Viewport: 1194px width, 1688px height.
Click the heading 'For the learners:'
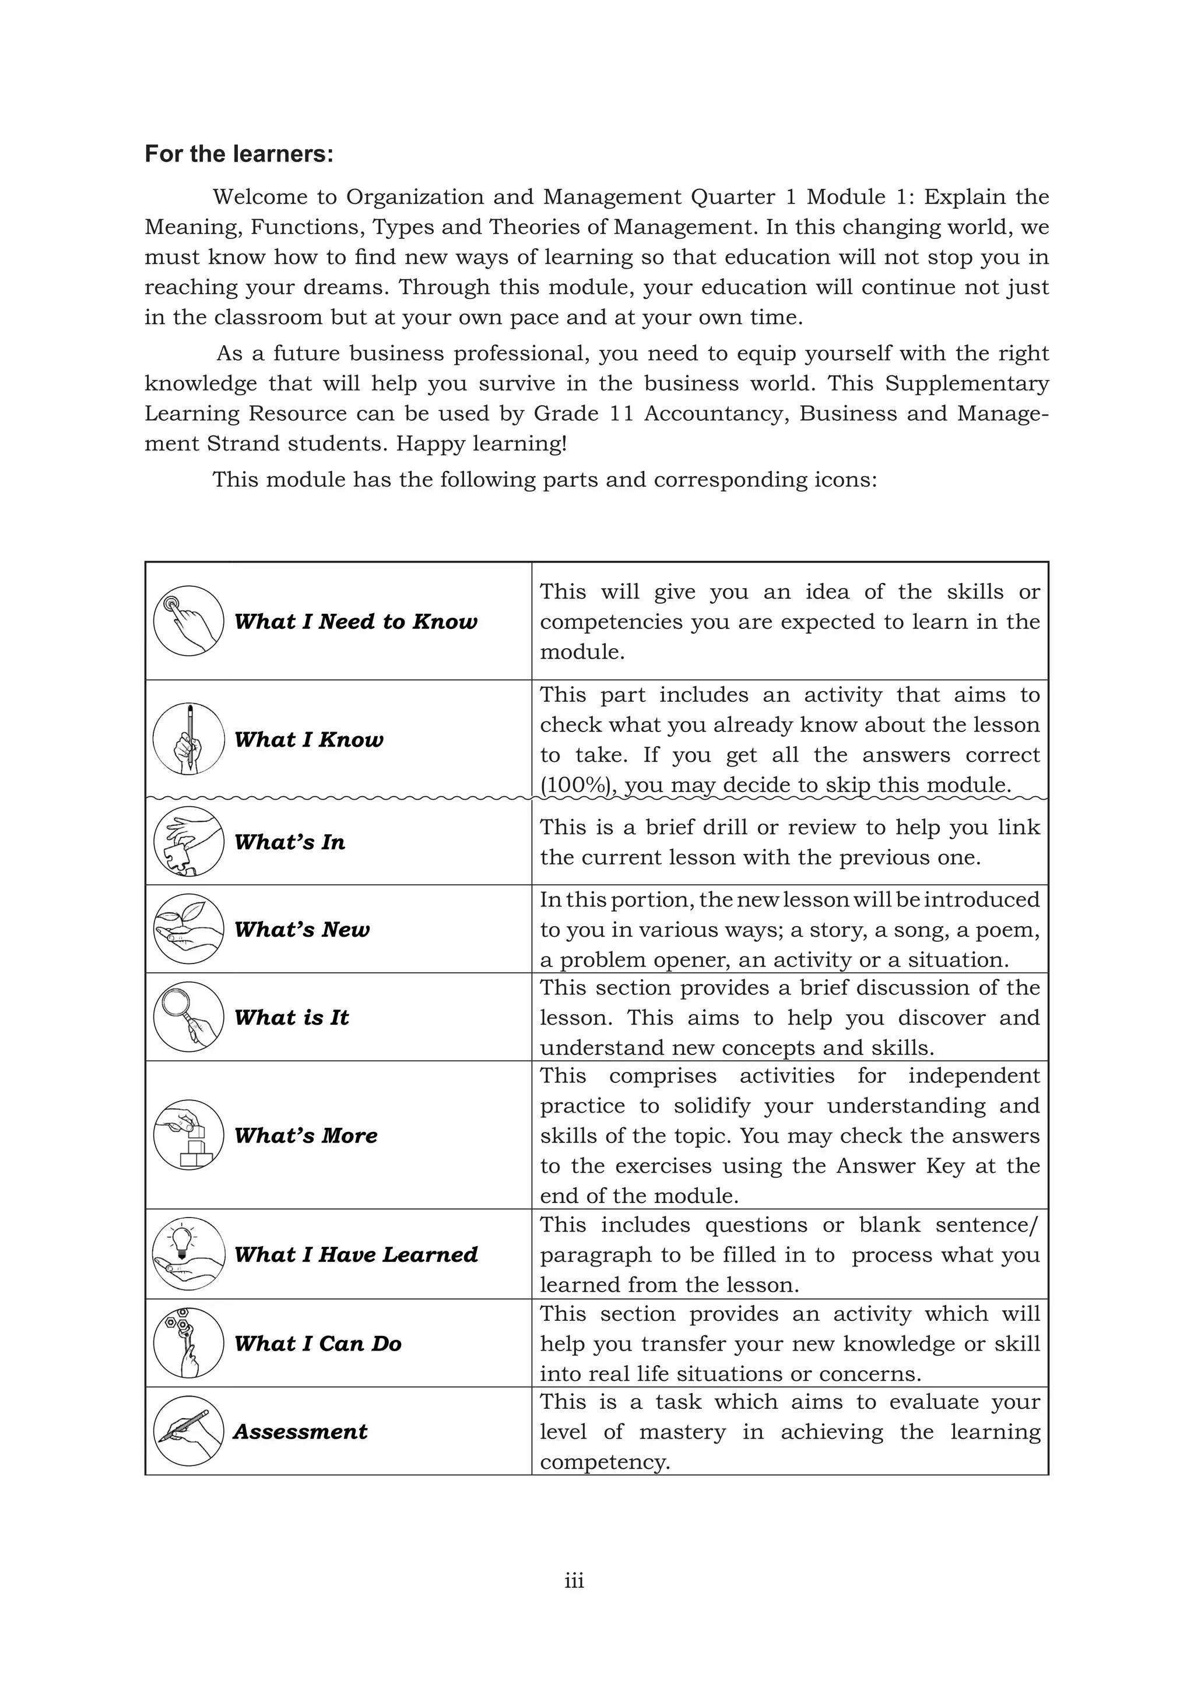(239, 154)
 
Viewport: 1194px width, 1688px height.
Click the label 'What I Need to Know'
(355, 622)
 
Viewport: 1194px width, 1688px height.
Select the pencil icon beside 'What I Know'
(188, 738)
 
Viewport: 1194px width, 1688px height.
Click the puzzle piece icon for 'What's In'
(188, 842)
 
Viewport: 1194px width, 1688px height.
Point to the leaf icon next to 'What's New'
(188, 929)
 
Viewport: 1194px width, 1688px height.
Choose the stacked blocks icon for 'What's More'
(188, 1135)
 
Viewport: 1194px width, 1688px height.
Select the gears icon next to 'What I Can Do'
(188, 1342)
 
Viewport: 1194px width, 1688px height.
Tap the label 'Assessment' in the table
(300, 1432)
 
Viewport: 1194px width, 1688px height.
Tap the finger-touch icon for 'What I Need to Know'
(188, 621)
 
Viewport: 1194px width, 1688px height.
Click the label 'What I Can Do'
(318, 1344)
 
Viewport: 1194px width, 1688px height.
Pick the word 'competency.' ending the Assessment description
(605, 1462)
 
